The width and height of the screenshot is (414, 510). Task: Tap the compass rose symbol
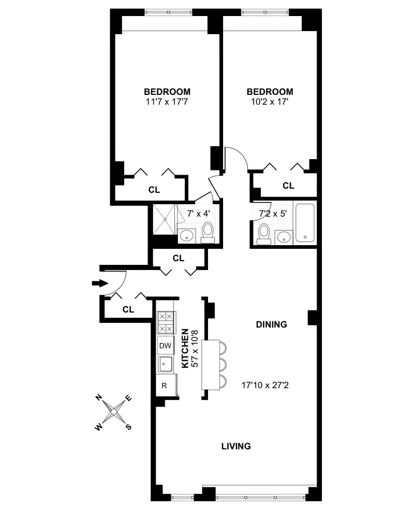point(114,413)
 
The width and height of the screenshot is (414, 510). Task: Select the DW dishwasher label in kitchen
point(165,346)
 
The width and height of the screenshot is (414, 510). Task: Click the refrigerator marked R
point(165,385)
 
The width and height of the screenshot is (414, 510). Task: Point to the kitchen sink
point(165,365)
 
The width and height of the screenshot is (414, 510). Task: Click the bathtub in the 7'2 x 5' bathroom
point(305,223)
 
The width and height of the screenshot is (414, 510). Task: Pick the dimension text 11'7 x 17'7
point(167,102)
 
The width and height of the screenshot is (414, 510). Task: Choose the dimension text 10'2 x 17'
point(269,102)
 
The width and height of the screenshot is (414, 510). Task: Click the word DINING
point(271,325)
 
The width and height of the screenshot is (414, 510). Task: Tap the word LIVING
point(236,446)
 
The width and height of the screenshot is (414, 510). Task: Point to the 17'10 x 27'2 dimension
point(264,385)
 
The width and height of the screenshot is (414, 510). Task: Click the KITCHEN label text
point(185,349)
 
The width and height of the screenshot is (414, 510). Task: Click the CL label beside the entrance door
point(128,310)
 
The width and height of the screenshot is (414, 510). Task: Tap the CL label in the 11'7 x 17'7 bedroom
point(154,190)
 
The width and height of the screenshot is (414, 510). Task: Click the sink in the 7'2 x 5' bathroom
point(283,237)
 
